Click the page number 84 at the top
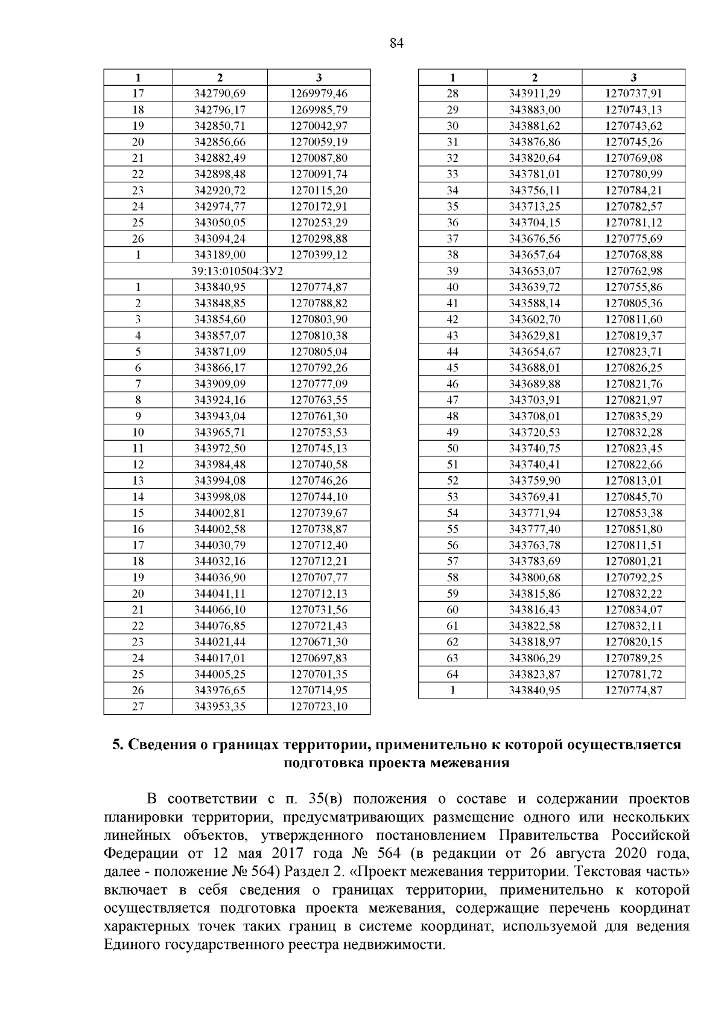396,43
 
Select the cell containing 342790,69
220,94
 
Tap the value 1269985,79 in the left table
319,110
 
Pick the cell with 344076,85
220,626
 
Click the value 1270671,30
319,642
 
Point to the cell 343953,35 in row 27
220,706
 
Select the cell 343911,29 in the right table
535,94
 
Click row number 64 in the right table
453,674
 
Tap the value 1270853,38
634,513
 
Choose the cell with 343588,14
535,303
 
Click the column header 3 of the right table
634,77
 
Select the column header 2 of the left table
220,77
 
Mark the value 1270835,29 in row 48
634,416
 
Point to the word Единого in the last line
130,944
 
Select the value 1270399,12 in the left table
319,255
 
